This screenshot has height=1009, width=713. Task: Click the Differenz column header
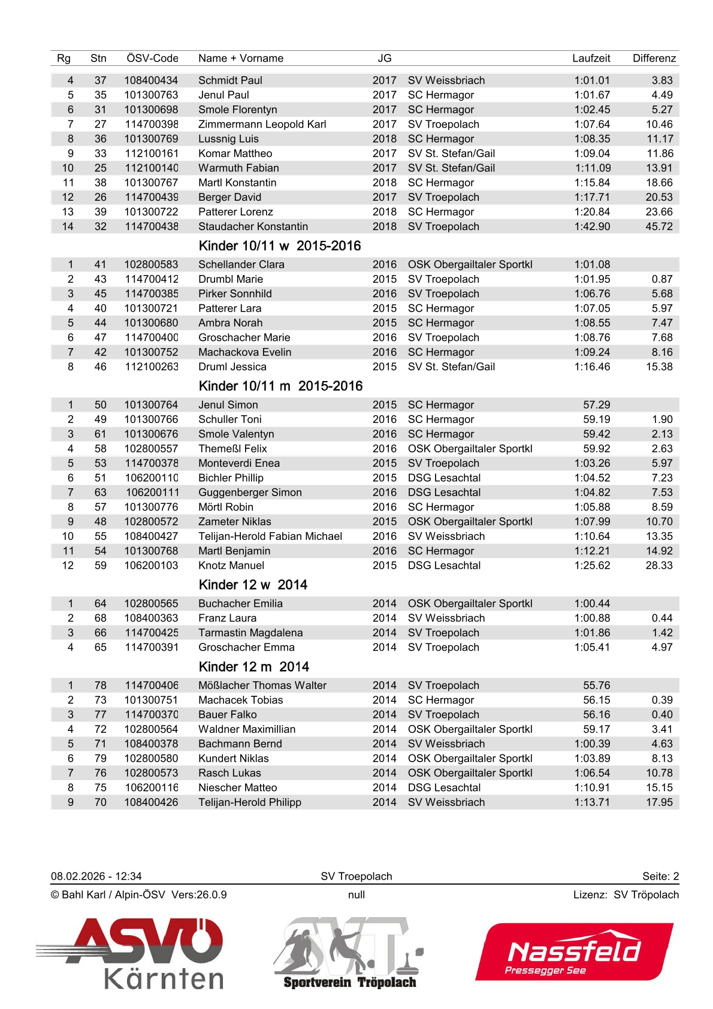pos(654,58)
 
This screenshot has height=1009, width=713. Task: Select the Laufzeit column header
pos(591,58)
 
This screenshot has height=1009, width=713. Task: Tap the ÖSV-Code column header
pos(152,58)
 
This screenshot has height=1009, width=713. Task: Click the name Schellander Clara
pos(241,264)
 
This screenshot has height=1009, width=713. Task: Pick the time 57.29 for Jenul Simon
pos(596,405)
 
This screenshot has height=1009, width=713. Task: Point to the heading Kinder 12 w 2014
pos(253,585)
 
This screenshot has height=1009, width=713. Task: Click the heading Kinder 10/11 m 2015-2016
pos(280,386)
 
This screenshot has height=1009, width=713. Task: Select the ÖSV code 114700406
pos(152,685)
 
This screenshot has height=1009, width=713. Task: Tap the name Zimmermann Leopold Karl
pos(262,124)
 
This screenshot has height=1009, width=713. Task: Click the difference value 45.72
pos(658,226)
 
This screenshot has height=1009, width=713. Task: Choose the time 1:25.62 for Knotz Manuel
pos(592,566)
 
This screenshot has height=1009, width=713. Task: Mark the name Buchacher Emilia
pos(240,603)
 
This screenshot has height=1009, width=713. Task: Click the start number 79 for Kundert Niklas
pos(100,759)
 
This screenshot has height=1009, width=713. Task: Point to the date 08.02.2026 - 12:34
pos(96,876)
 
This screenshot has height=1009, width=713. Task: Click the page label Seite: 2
pos(660,876)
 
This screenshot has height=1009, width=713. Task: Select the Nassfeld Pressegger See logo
pos(574,952)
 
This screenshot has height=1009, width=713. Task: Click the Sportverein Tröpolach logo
pos(350,953)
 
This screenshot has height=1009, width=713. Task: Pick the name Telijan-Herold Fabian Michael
pos(270,536)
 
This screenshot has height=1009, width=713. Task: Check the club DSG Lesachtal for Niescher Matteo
pos(444,787)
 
